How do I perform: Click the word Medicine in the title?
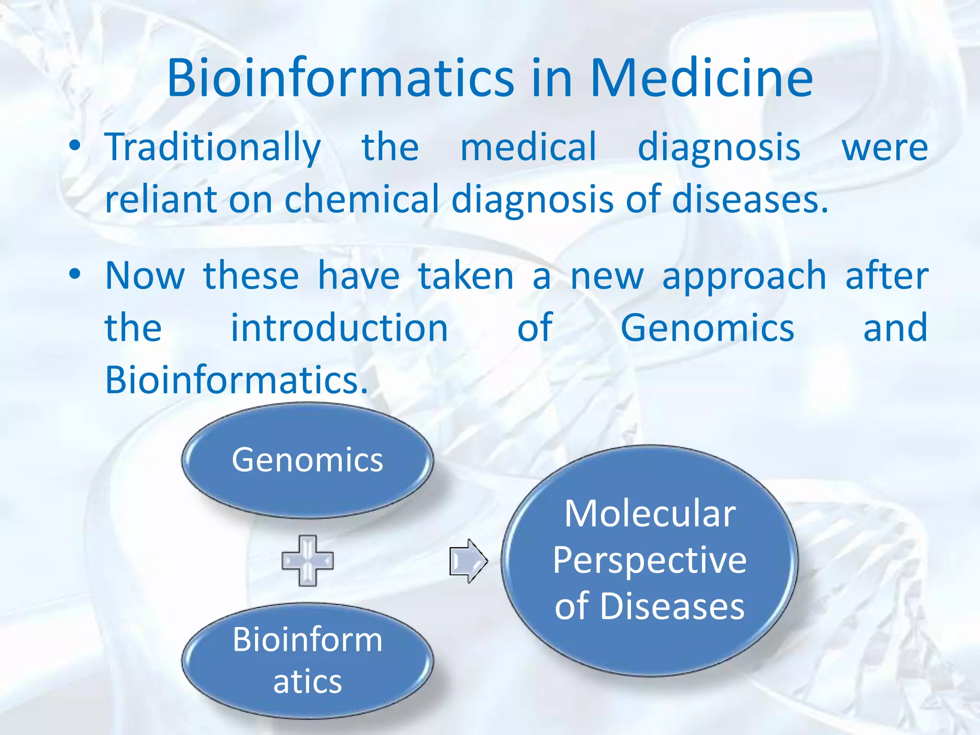[701, 78]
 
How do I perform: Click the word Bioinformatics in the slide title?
[340, 78]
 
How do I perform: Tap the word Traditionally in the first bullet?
[213, 147]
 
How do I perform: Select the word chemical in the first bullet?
[361, 199]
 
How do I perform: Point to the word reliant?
[161, 199]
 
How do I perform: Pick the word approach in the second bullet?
[744, 277]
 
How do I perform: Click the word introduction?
[339, 328]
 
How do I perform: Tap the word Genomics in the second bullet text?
[707, 328]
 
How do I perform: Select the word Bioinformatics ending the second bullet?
[236, 380]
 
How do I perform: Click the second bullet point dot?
[75, 275]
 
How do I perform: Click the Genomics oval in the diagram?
[307, 460]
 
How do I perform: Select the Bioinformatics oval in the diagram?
[307, 660]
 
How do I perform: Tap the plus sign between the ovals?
[307, 560]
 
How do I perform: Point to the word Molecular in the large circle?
[649, 514]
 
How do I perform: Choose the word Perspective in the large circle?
[649, 560]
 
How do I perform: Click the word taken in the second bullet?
[466, 277]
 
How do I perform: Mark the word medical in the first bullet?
[528, 147]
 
